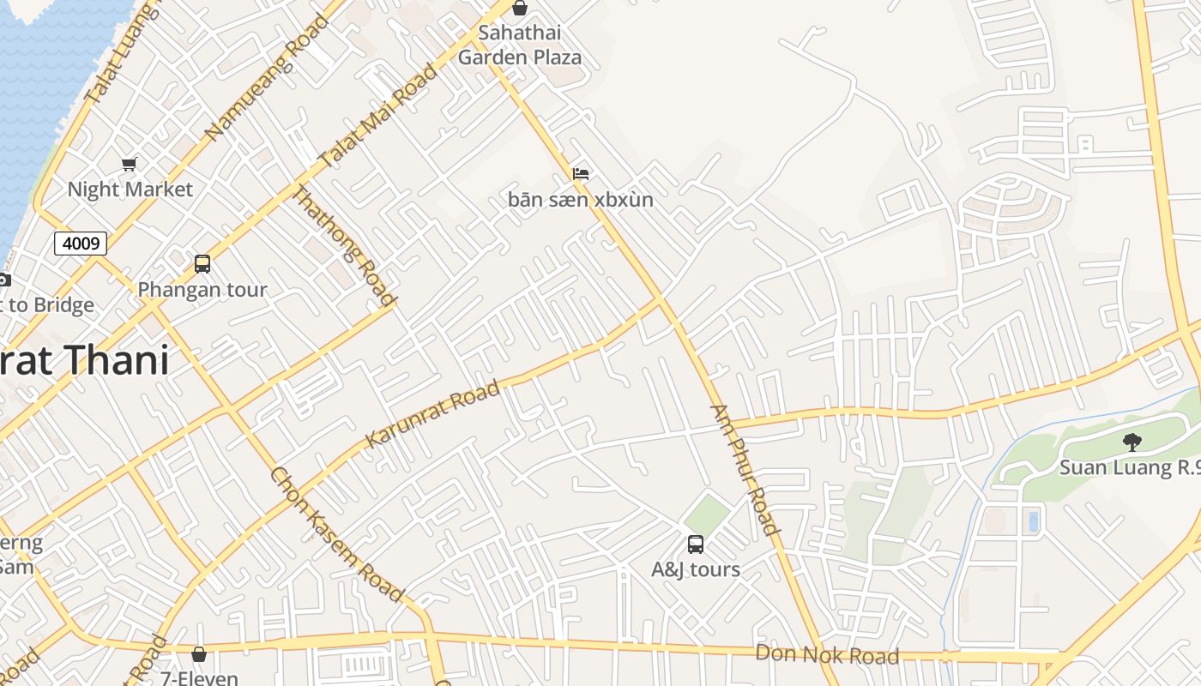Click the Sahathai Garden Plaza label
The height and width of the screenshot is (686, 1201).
click(520, 45)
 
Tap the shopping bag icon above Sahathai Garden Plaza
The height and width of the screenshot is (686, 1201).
click(520, 9)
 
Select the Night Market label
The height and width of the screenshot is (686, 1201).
click(130, 190)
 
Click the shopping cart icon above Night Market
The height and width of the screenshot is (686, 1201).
click(129, 164)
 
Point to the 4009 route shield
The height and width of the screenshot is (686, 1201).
click(81, 244)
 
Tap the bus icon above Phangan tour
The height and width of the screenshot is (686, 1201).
click(202, 264)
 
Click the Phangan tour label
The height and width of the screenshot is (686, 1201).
click(202, 290)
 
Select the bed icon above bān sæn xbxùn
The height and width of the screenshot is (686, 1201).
click(581, 174)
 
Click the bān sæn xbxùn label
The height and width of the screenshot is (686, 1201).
click(581, 201)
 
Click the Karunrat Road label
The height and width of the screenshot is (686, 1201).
click(432, 414)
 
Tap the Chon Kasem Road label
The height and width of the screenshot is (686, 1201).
click(336, 533)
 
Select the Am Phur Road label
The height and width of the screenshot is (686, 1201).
click(745, 469)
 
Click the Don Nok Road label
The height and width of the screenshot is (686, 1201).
click(827, 655)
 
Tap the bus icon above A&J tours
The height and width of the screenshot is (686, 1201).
click(696, 544)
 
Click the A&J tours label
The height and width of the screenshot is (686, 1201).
click(696, 569)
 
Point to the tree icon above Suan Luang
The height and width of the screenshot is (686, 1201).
click(1132, 442)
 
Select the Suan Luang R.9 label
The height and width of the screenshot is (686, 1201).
click(1129, 468)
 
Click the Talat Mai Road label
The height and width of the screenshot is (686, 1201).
click(377, 117)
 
